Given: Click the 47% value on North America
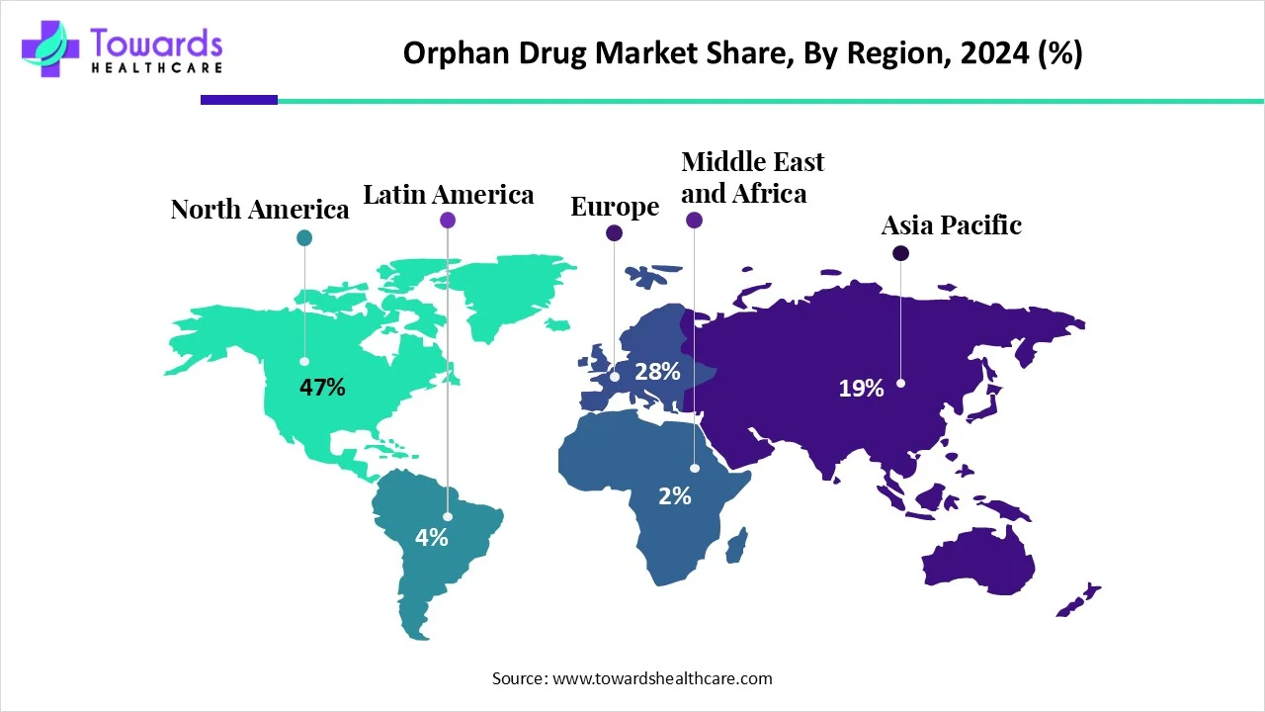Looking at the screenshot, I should [322, 388].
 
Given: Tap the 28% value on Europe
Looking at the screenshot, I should [657, 372].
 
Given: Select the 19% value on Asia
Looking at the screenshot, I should [861, 389].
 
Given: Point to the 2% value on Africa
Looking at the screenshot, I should [675, 496].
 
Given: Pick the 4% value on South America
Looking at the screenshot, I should [432, 538].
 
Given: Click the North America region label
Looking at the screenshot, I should [260, 210].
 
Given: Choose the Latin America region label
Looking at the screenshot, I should [449, 194].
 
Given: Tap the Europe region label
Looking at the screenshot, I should [615, 207].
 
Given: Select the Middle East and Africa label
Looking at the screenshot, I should [752, 177].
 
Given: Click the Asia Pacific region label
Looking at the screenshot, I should [951, 225].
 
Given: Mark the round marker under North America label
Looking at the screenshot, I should [304, 237].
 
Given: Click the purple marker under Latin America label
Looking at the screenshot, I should [448, 221].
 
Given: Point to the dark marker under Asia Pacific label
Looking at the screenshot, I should [900, 254].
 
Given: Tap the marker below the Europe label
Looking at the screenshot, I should [614, 233].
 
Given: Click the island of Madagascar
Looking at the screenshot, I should [736, 545].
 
